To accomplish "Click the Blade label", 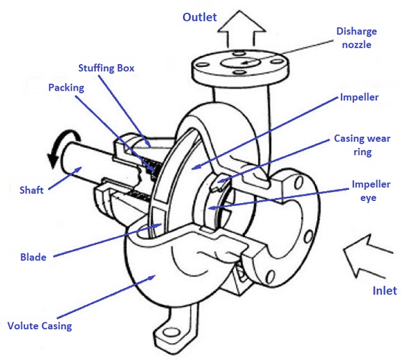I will point(33,257).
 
